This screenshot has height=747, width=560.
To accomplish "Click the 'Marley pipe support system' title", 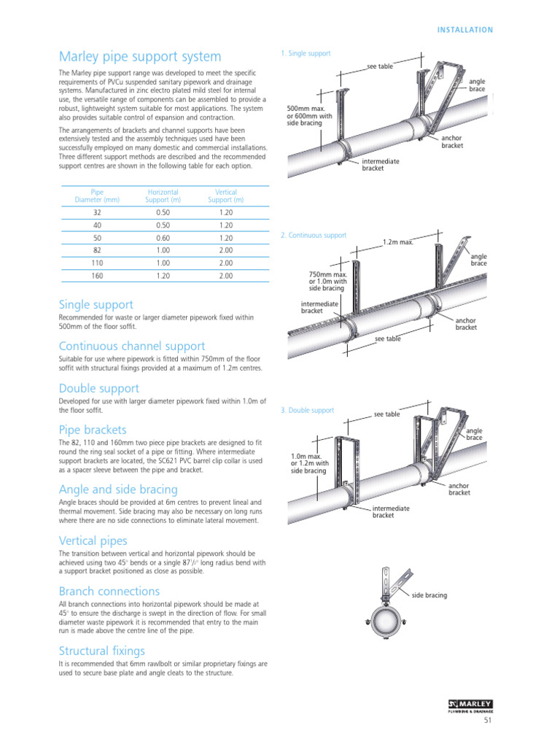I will tap(140, 57).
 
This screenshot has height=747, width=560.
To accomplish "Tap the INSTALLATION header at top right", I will tap(465, 30).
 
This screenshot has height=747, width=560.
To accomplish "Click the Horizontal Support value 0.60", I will tap(163, 238).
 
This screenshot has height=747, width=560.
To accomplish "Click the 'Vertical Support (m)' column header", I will tap(226, 196).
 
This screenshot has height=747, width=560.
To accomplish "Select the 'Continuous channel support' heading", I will tap(132, 346).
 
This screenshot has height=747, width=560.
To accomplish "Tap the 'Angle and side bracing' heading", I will tap(118, 489).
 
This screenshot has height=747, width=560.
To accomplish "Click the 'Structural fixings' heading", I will tap(101, 650).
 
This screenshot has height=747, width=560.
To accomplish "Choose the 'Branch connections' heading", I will tap(109, 591).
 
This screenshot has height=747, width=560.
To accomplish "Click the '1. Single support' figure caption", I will tap(306, 53).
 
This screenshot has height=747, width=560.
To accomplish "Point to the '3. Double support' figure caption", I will tap(307, 411).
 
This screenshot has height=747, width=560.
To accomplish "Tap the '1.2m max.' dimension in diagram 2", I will tap(398, 242).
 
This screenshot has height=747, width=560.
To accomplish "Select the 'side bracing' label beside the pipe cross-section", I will tap(429, 595).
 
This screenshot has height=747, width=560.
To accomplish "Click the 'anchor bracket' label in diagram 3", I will tap(459, 489).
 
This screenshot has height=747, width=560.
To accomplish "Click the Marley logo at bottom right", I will tap(470, 705).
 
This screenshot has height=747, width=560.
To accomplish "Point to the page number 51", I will tap(489, 721).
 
